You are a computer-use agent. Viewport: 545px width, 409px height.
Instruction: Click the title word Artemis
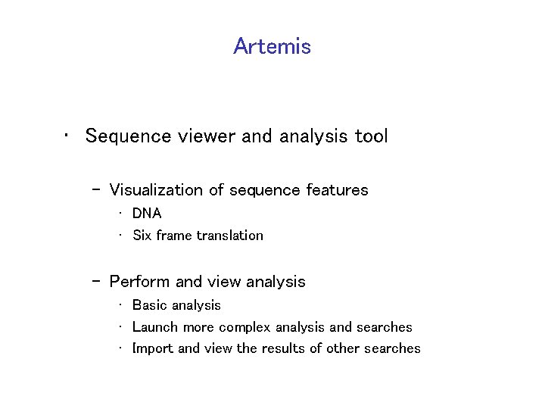click(x=272, y=46)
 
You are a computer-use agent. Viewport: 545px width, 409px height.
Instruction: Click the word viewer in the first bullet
click(x=198, y=136)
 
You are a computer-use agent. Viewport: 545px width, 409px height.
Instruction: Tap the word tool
click(x=371, y=136)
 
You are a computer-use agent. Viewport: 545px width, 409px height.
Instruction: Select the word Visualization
click(x=156, y=190)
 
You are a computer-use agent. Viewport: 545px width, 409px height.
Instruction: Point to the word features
click(x=337, y=190)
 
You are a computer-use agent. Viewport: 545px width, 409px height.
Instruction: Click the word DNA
click(x=147, y=214)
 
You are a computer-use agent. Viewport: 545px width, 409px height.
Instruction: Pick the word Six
click(x=142, y=236)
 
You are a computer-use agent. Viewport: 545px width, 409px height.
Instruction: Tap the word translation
click(x=230, y=236)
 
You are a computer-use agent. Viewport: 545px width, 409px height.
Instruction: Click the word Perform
click(x=140, y=282)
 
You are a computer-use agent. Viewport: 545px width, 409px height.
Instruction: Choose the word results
click(x=285, y=348)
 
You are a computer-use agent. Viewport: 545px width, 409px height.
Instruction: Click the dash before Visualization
click(x=96, y=190)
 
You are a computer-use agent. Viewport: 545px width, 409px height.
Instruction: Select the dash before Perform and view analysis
click(x=96, y=282)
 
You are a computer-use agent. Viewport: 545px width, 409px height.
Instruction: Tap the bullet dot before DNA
click(x=121, y=214)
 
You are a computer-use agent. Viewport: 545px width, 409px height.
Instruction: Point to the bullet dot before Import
click(x=121, y=349)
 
